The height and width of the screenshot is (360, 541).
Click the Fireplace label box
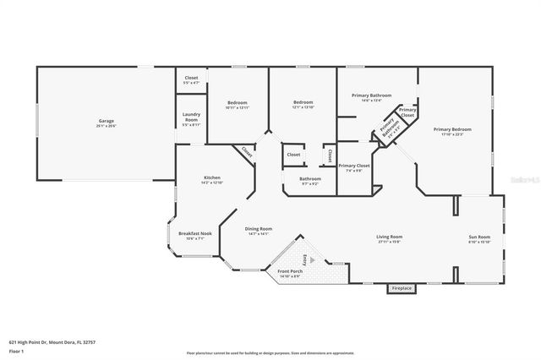coord(402,289)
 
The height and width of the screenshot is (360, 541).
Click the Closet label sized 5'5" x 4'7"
coord(191,80)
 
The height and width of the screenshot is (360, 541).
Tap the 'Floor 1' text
coord(15,350)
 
